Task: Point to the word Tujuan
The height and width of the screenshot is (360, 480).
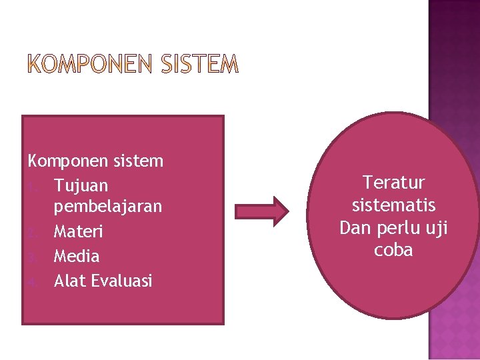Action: tap(81, 185)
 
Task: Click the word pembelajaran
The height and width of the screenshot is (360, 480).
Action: tap(108, 207)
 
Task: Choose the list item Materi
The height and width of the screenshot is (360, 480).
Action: tap(77, 232)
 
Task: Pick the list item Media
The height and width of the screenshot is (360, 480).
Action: tap(77, 256)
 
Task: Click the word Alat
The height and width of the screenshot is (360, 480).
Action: tap(69, 280)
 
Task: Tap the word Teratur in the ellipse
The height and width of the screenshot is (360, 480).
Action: tap(393, 182)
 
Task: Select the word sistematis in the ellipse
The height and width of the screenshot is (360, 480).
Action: tap(393, 205)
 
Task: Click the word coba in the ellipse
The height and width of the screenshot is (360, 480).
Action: tap(393, 250)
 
